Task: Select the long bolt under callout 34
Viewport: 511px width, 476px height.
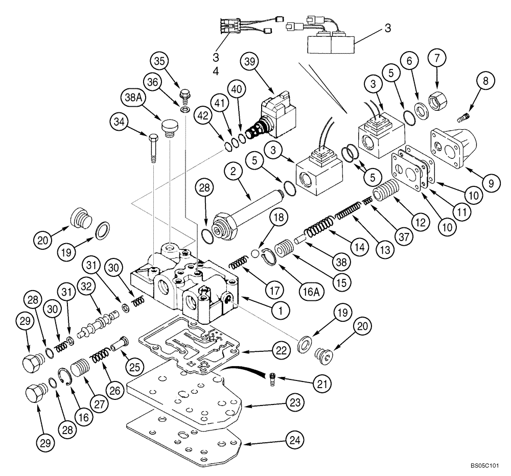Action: (x=153, y=148)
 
